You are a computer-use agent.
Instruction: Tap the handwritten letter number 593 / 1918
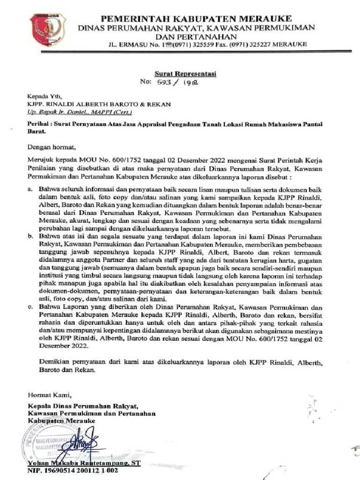(182, 82)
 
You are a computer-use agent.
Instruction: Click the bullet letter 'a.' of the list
(30, 189)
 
